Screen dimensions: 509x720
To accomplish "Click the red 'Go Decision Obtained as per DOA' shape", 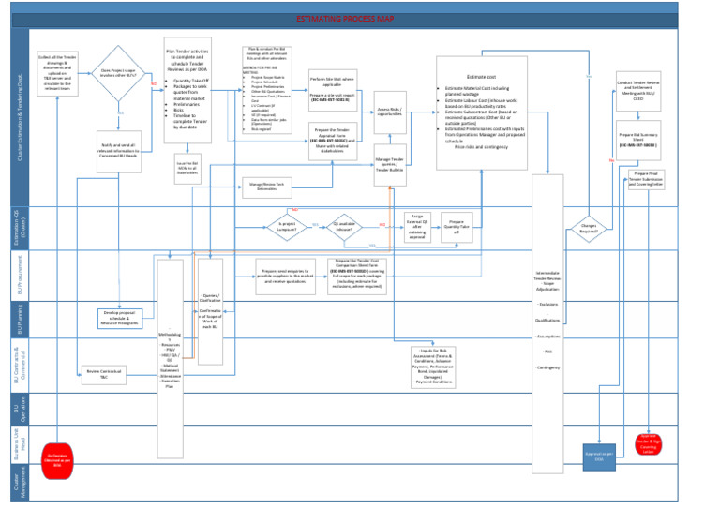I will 57,457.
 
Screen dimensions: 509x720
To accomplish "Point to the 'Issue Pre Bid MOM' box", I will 187,167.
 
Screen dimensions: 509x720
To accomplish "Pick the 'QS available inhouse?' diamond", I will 345,225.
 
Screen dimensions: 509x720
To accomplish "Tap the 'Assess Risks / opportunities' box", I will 390,112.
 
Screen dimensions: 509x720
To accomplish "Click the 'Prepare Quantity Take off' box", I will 458,225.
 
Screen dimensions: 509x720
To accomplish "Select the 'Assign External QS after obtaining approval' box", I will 417,226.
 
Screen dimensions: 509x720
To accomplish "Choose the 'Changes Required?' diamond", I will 589,227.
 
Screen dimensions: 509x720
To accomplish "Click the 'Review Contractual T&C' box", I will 103,375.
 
